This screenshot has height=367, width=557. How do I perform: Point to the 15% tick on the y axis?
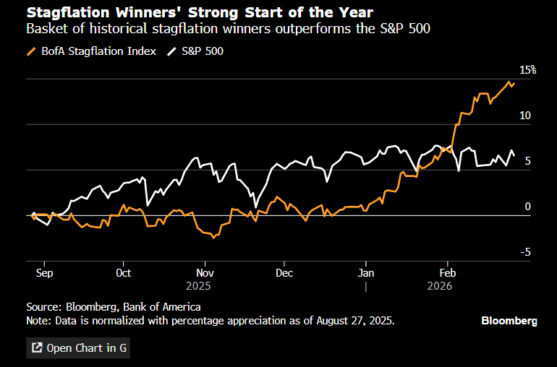[525, 69]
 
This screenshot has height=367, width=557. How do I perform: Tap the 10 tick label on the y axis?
[524, 116]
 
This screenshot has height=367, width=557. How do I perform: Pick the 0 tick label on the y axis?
[527, 207]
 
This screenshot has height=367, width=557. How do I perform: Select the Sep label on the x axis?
[44, 273]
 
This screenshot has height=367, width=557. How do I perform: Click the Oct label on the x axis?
[124, 273]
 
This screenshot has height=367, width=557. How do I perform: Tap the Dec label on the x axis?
[284, 273]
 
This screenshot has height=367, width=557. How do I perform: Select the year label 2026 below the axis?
[440, 286]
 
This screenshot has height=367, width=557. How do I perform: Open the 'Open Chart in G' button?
[78, 347]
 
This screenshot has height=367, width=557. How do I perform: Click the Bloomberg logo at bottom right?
[509, 320]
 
